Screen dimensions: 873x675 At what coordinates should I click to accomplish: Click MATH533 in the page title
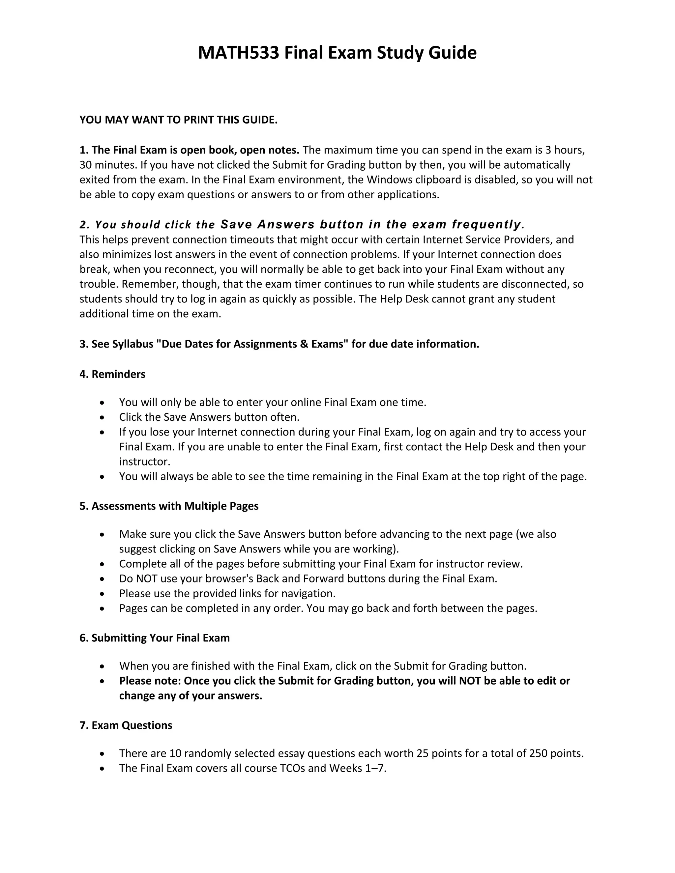(x=238, y=53)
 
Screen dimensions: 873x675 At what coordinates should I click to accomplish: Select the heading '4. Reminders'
(x=112, y=374)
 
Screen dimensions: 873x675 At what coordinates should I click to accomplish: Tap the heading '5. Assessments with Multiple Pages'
(x=169, y=506)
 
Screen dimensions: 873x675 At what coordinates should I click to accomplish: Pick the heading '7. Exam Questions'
(x=126, y=725)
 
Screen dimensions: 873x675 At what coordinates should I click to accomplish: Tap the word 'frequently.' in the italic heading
(x=488, y=225)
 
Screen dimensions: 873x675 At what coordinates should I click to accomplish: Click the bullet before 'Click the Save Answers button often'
(x=103, y=417)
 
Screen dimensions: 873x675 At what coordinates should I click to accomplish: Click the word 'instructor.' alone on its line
(x=145, y=462)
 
